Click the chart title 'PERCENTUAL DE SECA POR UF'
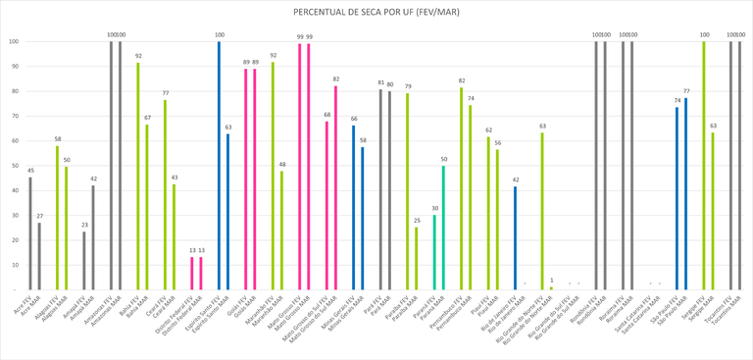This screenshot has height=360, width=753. point(376,12)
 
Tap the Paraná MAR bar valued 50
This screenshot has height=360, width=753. point(443,228)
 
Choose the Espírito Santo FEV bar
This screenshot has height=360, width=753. point(219,166)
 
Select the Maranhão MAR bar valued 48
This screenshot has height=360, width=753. point(281,231)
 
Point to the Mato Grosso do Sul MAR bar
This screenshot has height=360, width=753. point(335,187)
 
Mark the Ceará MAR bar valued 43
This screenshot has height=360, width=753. point(175,236)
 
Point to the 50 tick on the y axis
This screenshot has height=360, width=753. point(14,166)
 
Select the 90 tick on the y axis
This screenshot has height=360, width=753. point(14,67)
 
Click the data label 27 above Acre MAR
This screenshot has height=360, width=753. point(39,216)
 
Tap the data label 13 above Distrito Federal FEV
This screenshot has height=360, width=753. point(191,250)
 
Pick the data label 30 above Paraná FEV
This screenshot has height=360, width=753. point(434,208)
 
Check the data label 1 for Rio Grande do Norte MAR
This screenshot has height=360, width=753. point(551,281)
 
